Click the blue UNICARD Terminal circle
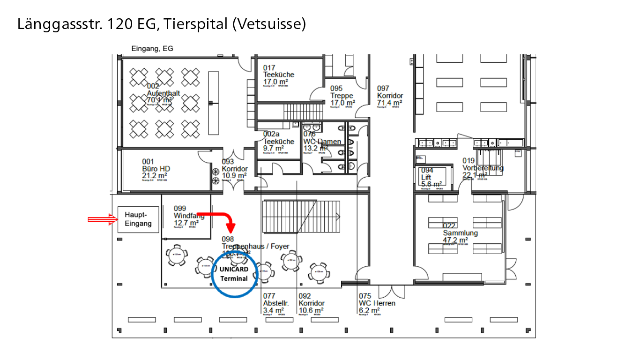coord(234,274)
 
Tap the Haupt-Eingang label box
coord(138,219)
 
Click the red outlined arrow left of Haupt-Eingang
coord(102,219)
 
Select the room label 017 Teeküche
coord(278,75)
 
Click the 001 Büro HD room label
coord(156,169)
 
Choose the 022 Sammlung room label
coord(460,233)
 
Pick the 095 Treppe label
coord(342,96)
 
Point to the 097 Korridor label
coord(390,96)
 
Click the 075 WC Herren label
coord(377,303)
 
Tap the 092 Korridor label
coord(311,303)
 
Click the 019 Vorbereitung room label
coord(483,168)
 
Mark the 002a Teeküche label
coord(278,142)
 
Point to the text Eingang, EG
coord(152,49)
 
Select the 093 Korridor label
coord(234,169)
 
